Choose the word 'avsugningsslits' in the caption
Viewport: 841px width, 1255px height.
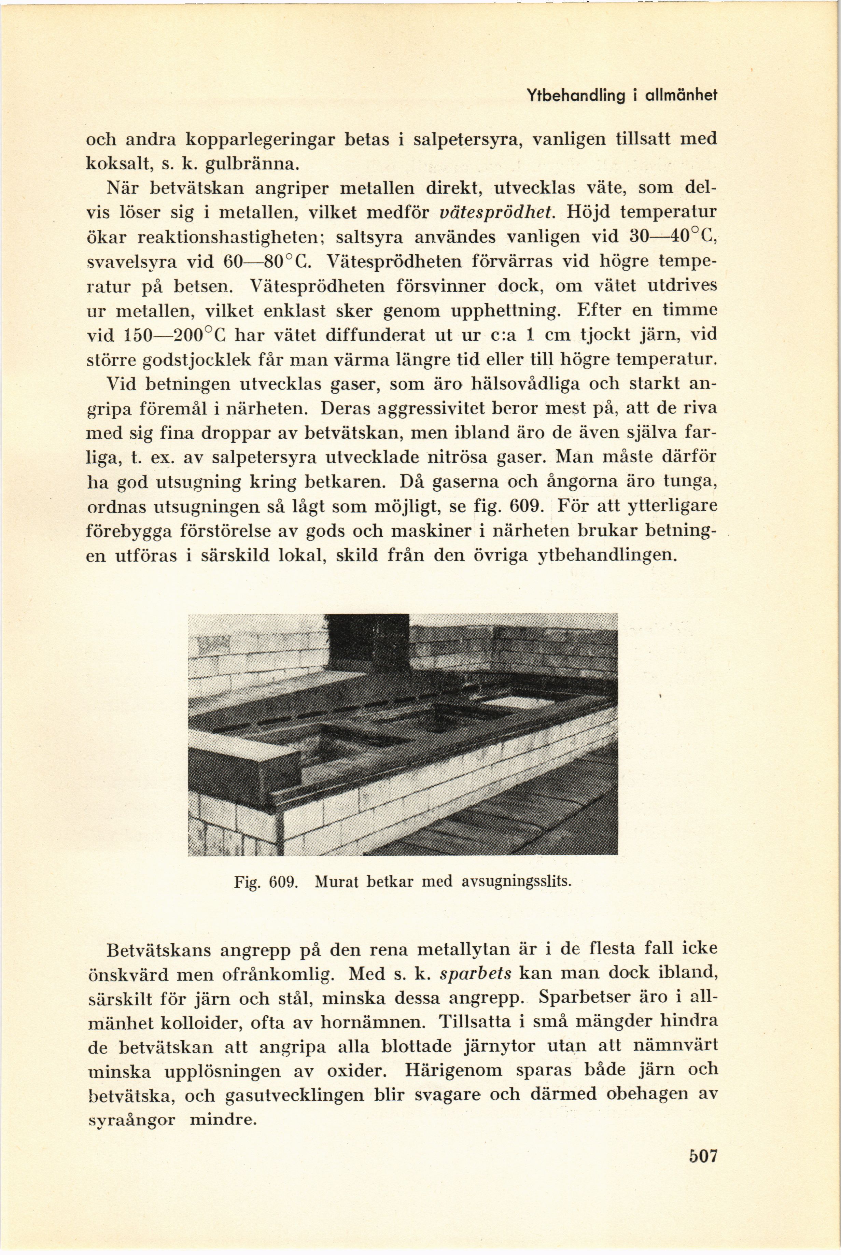pyautogui.click(x=515, y=881)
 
